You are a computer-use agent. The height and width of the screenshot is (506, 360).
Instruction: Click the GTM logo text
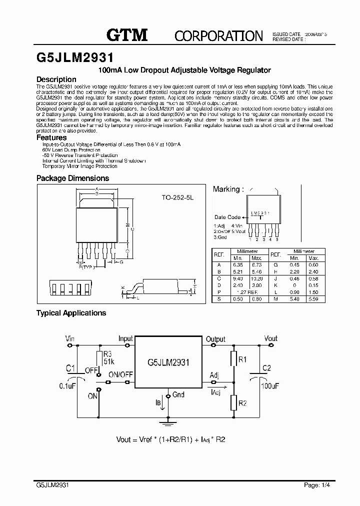127,34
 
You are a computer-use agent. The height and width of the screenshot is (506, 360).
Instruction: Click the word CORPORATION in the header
218,36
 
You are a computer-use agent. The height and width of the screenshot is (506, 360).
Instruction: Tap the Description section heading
56,79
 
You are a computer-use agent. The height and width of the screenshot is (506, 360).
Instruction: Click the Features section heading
51,137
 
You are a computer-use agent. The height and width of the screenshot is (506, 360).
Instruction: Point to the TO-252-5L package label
177,198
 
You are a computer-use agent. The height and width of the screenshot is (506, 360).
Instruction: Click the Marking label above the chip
228,189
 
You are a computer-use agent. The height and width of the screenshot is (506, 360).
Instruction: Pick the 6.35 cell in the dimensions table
237,264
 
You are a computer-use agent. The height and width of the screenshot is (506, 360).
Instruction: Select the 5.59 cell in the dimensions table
313,298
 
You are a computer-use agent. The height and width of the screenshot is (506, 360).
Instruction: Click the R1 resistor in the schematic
233,359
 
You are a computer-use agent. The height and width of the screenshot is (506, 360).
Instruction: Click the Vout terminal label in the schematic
270,338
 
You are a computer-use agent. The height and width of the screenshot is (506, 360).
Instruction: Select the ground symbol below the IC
168,421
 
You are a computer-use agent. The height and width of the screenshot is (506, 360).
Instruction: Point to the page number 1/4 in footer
313,485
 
